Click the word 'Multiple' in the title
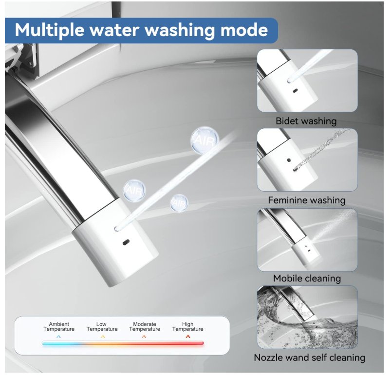tap(50, 30)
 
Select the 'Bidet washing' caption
tap(306, 121)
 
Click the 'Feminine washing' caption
tap(307, 200)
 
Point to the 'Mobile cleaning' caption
tap(307, 279)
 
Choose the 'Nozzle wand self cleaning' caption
tap(310, 358)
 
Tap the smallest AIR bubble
tap(179, 203)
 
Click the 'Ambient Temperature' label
tap(59, 326)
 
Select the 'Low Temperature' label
tap(102, 326)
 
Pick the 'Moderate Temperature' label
tap(145, 326)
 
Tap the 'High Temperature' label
tap(188, 326)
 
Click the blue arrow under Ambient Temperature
tap(58, 337)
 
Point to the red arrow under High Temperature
tap(188, 337)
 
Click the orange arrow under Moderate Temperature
tap(144, 337)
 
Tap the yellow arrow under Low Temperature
tap(103, 337)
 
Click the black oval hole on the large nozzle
tap(126, 242)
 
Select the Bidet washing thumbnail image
tap(307, 80)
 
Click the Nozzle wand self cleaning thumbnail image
tap(307, 317)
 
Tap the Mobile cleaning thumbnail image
tap(307, 240)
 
